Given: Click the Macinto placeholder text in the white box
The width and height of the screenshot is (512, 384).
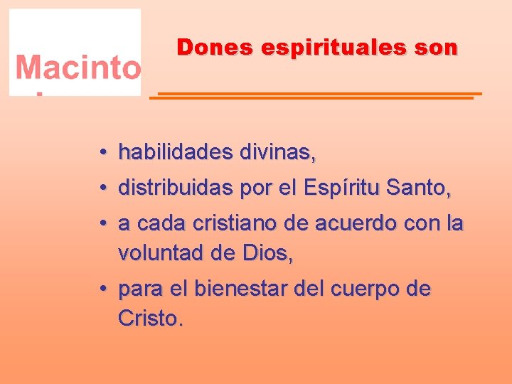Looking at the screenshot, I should pyautogui.click(x=78, y=68).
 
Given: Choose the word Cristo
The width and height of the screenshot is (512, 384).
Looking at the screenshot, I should pyautogui.click(x=150, y=318).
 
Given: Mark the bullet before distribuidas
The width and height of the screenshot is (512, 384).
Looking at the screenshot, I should pyautogui.click(x=103, y=189).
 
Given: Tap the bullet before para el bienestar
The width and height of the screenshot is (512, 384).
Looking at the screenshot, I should pyautogui.click(x=103, y=290).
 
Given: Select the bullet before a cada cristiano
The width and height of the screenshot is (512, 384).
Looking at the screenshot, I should pyautogui.click(x=103, y=225).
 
